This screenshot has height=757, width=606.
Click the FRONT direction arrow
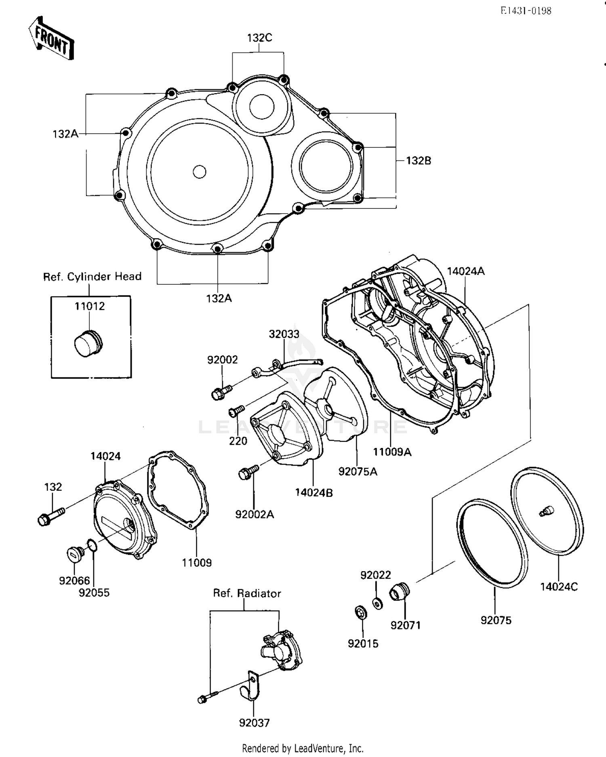[51, 39]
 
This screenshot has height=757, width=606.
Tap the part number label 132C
[259, 38]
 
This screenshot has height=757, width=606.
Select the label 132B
[418, 160]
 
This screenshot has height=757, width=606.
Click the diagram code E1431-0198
[526, 11]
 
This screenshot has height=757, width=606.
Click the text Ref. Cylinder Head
[92, 277]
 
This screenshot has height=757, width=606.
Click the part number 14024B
[314, 492]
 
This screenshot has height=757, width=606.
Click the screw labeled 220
[236, 411]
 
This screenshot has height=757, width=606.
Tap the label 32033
[284, 334]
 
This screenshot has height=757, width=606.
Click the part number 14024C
[559, 587]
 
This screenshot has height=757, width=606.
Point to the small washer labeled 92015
[360, 612]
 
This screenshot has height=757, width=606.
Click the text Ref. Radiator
[247, 593]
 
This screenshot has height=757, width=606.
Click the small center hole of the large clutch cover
[199, 172]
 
